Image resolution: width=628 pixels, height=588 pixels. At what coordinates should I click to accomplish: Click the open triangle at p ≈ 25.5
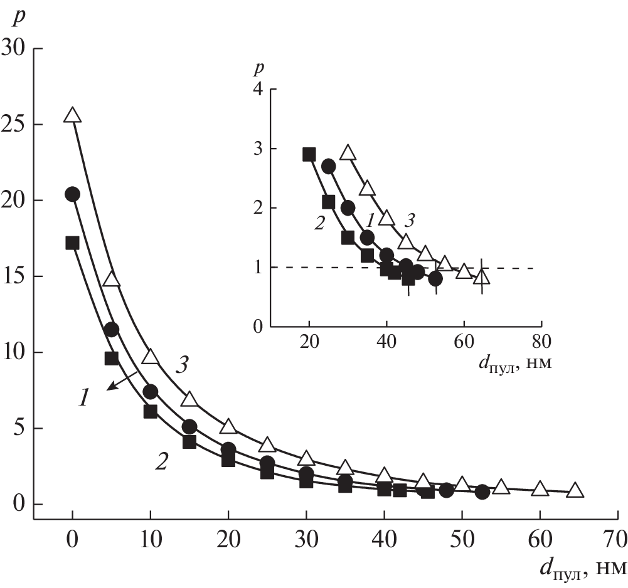[x=73, y=115]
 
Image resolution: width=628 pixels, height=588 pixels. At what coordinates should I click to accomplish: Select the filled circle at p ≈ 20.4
[x=72, y=194]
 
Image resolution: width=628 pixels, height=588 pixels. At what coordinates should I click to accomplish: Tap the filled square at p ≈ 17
[x=72, y=243]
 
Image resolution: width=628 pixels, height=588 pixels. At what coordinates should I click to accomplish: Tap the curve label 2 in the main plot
[x=161, y=463]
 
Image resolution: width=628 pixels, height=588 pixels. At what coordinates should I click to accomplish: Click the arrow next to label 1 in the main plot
[x=123, y=380]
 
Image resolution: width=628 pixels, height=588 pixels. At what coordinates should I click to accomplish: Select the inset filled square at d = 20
[x=309, y=154]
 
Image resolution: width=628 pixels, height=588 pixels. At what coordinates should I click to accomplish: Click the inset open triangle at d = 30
[x=348, y=153]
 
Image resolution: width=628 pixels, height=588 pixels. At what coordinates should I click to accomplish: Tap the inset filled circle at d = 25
[x=329, y=166]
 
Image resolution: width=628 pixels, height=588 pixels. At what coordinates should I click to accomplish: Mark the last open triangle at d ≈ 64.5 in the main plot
[x=575, y=491]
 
